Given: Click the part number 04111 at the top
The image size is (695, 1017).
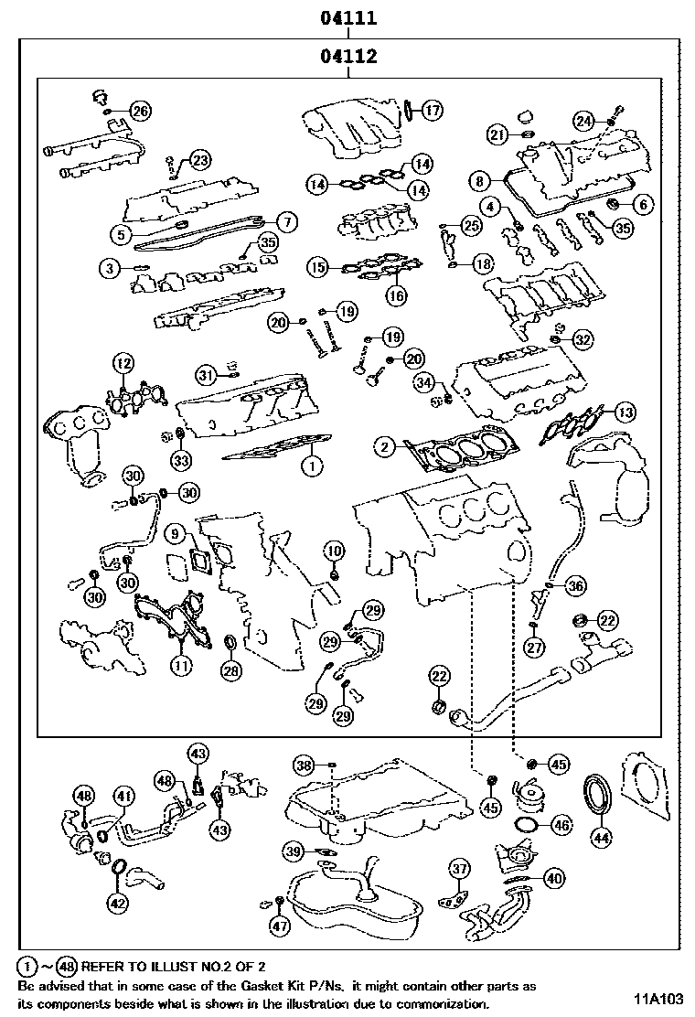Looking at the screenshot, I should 348,17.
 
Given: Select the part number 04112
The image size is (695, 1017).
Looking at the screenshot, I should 348,58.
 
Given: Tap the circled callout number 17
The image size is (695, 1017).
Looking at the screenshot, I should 432,112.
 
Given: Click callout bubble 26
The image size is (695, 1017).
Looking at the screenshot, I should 140,112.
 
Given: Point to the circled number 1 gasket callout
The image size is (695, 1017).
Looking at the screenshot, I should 311,466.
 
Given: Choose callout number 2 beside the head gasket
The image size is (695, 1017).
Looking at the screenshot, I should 386,446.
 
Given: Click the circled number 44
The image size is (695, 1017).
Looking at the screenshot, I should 600,835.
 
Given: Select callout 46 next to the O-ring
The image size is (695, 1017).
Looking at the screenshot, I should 561,825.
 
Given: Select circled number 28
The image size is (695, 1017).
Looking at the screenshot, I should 231,670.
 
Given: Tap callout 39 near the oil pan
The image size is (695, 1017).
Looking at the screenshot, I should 292,851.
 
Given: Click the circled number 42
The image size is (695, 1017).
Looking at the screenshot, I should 117,903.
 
